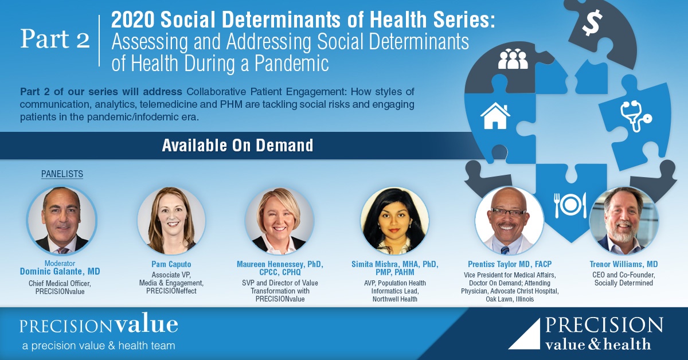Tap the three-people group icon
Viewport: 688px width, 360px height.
513,59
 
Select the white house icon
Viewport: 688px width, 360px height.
495,116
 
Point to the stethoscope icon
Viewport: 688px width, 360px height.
636,116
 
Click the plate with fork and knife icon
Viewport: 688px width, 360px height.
570,205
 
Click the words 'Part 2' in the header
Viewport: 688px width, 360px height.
55,39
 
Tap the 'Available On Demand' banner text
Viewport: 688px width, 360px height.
238,145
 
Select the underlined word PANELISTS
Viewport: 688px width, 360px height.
62,174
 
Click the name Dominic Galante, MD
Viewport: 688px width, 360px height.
60,272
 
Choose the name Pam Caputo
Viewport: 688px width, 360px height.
171,264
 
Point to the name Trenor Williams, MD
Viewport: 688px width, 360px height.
624,264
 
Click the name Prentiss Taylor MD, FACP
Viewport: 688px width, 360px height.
510,264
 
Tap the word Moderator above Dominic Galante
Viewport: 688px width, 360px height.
60,263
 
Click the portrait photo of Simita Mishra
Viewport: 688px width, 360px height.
394,221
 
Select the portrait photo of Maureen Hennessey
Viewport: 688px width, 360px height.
280,221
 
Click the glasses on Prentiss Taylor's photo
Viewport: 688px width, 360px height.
509,212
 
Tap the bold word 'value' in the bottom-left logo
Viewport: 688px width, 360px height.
147,324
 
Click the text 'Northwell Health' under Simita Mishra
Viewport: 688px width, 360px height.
394,299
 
